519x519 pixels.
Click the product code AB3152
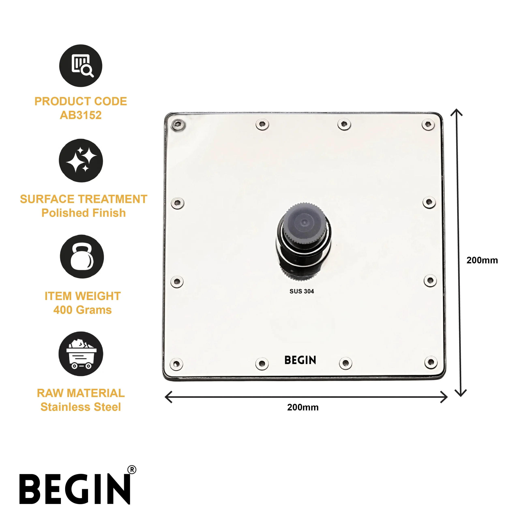tap(81, 115)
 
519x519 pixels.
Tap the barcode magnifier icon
tap(81, 65)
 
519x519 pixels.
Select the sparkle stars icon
tap(81, 160)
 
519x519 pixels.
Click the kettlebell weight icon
tap(82, 256)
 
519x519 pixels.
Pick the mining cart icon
tap(81, 354)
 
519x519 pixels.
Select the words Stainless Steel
tap(81, 407)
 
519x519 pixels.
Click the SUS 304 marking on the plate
tap(302, 291)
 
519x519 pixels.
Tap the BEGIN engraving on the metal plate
tap(300, 360)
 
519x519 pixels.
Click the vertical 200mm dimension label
tap(482, 260)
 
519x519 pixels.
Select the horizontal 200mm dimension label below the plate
tap(303, 407)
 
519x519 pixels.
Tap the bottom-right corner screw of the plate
tap(431, 362)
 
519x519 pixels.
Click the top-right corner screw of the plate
tap(428, 124)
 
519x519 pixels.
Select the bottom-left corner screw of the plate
tap(177, 364)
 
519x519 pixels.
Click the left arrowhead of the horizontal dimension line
tap(168, 397)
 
